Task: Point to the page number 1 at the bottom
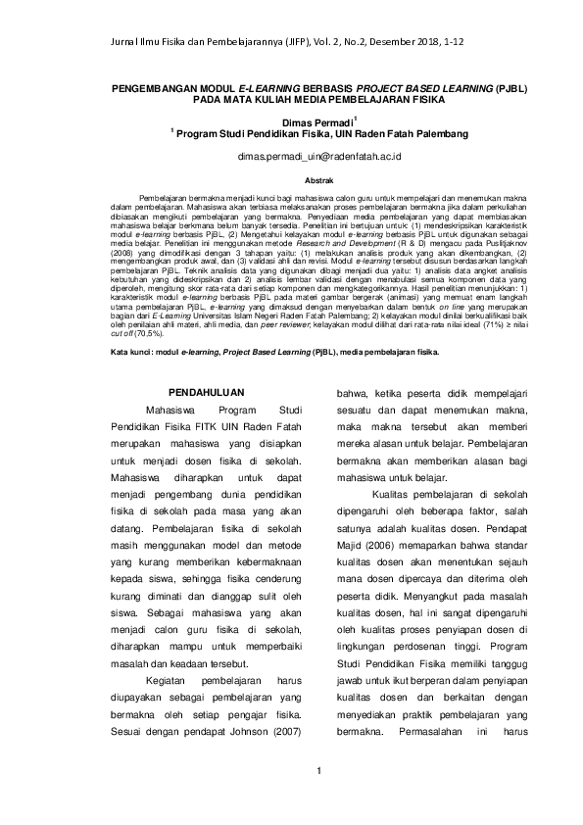(x=319, y=778)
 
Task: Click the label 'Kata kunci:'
(x=131, y=350)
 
